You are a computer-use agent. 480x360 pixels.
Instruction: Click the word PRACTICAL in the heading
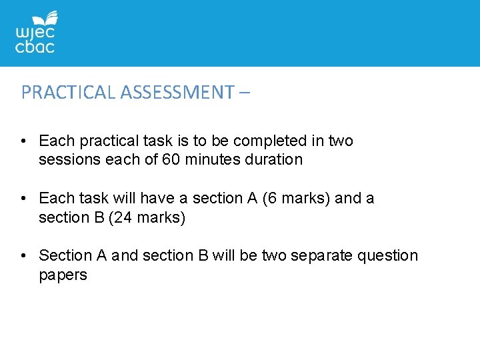tap(69, 93)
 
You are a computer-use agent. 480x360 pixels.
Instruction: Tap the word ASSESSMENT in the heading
tap(176, 93)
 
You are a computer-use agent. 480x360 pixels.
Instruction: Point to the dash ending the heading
tap(243, 93)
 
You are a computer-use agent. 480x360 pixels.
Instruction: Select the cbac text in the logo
tap(35, 47)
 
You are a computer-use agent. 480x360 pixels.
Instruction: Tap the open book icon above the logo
tap(49, 17)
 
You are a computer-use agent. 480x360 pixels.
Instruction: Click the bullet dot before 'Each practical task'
tap(24, 141)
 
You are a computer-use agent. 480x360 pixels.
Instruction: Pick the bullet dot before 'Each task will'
tap(24, 199)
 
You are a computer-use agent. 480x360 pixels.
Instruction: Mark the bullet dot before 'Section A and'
tap(24, 256)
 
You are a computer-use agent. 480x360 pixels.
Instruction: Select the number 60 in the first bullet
tap(171, 160)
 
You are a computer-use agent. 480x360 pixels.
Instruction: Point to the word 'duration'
tap(273, 160)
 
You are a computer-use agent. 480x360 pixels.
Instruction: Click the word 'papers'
tap(63, 275)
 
